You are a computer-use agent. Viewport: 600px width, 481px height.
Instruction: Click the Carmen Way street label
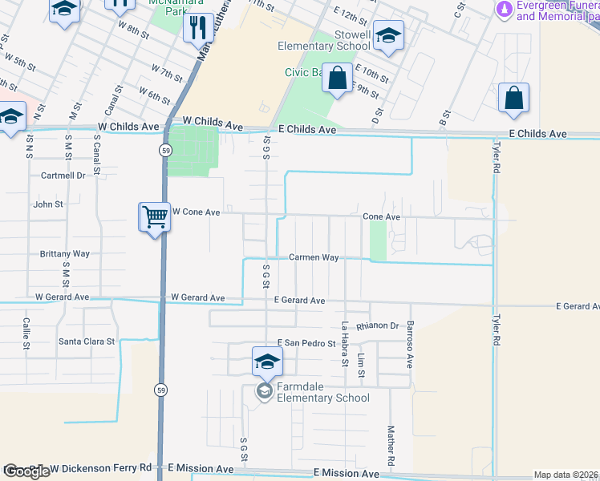pyautogui.click(x=314, y=258)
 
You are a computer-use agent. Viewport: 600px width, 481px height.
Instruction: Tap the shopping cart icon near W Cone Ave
pyautogui.click(x=154, y=216)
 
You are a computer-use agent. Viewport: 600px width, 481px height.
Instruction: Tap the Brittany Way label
pyautogui.click(x=65, y=254)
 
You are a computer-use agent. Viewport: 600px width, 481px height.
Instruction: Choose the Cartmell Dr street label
pyautogui.click(x=63, y=176)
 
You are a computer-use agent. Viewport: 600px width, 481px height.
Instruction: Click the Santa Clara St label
pyautogui.click(x=87, y=342)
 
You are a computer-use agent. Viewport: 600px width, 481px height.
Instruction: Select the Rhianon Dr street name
pyautogui.click(x=378, y=326)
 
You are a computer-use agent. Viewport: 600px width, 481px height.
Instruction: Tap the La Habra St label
pyautogui.click(x=344, y=344)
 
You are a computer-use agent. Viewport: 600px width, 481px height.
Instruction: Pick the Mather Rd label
pyautogui.click(x=391, y=447)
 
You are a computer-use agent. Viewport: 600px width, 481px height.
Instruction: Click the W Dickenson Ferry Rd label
pyautogui.click(x=100, y=467)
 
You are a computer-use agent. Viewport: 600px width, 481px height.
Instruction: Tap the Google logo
pyautogui.click(x=26, y=471)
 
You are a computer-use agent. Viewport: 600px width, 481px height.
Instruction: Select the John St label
pyautogui.click(x=48, y=205)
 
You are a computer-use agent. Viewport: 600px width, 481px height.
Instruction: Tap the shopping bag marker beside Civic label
pyautogui.click(x=338, y=79)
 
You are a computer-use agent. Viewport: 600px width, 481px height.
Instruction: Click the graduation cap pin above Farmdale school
pyautogui.click(x=266, y=361)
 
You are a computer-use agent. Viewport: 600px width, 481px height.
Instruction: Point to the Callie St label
pyautogui.click(x=26, y=334)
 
